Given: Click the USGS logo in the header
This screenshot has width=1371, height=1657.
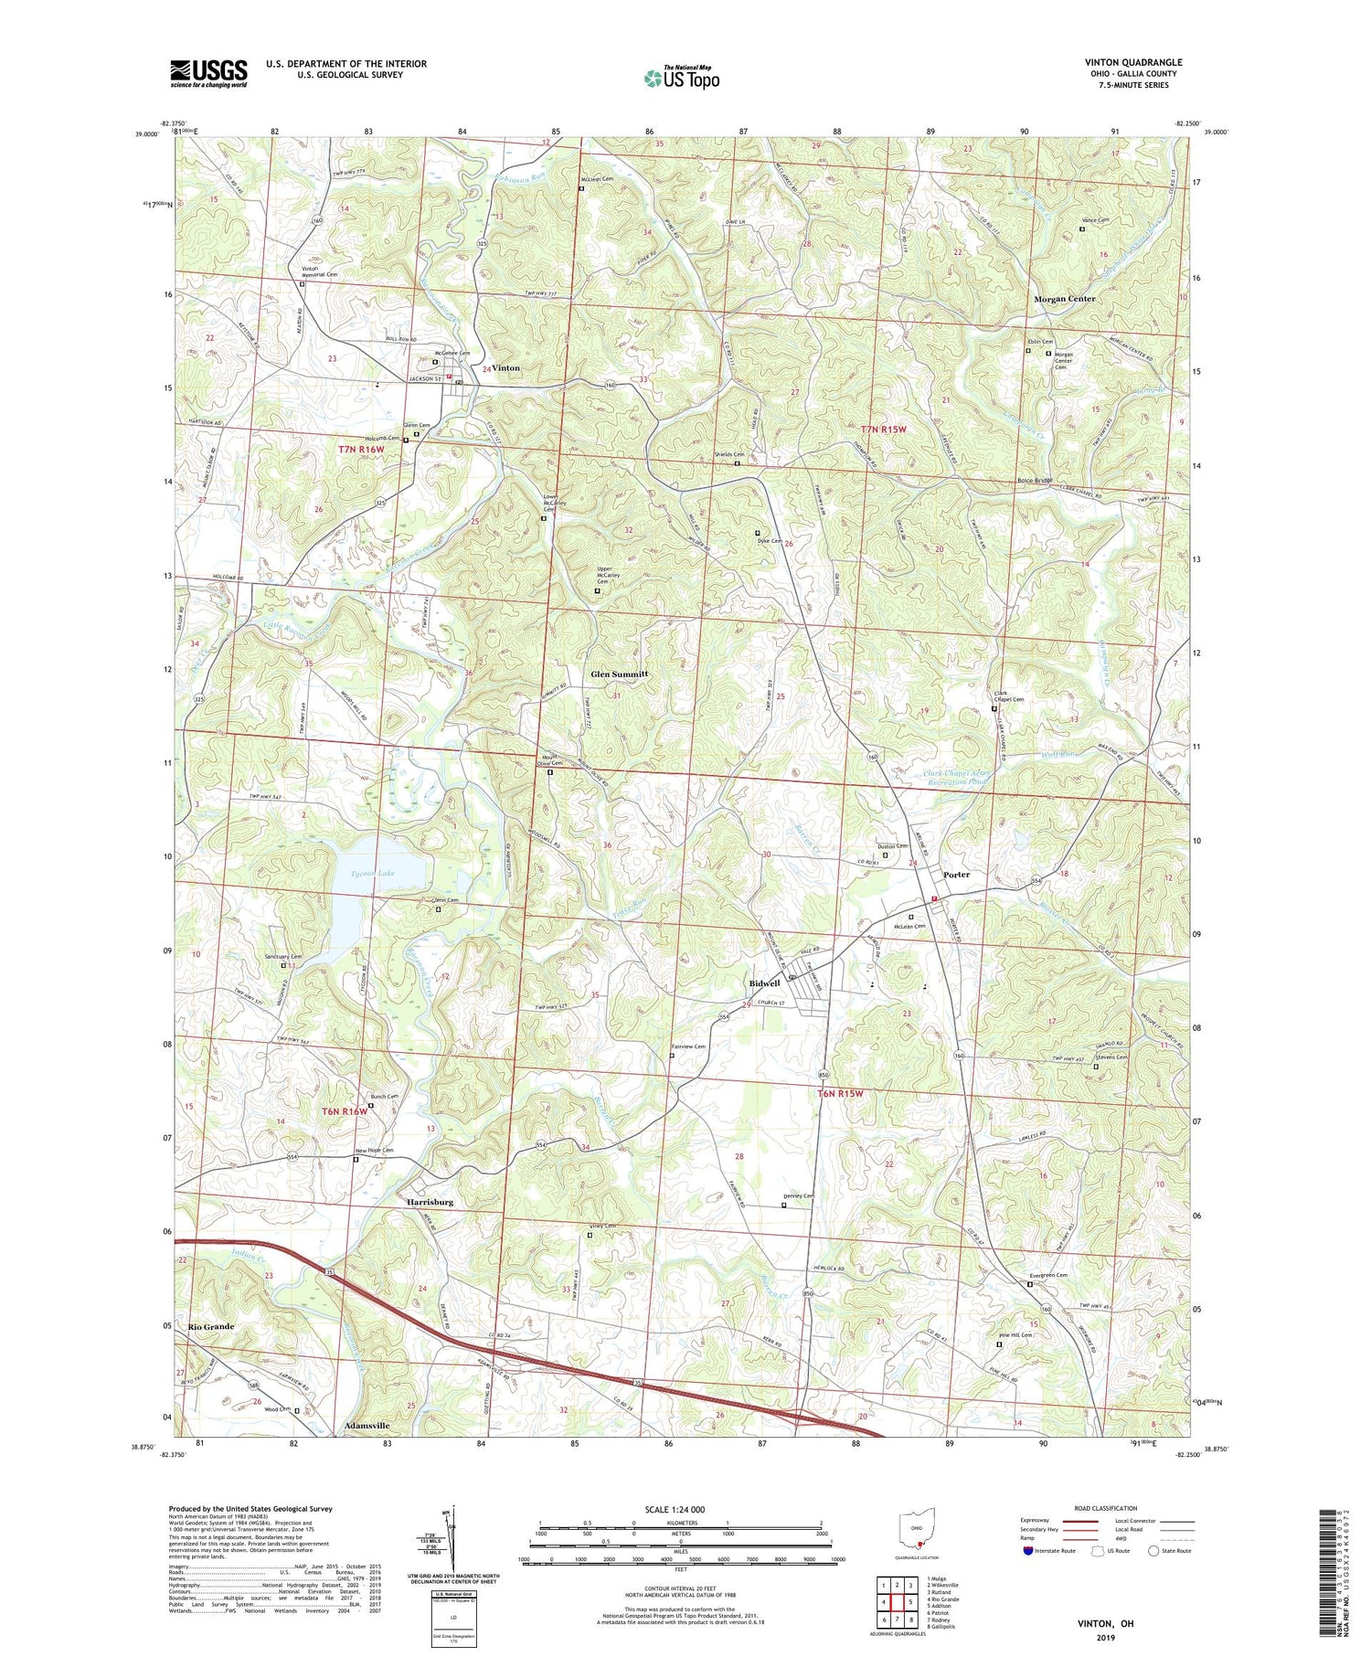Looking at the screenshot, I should [208, 72].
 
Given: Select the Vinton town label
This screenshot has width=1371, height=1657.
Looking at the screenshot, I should [505, 367].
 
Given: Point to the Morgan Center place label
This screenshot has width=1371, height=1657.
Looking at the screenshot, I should [1064, 299].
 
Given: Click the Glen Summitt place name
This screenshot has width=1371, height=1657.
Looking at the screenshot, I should [619, 674].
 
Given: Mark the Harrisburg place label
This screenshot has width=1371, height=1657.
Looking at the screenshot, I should [430, 1203].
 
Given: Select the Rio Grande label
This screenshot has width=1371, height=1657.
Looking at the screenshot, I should [211, 1326].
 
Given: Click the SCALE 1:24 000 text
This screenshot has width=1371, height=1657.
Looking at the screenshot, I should [680, 1509].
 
